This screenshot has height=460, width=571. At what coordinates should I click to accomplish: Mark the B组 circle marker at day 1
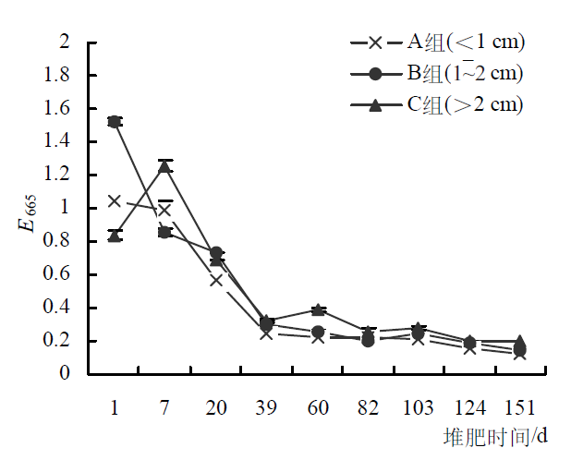tap(115, 121)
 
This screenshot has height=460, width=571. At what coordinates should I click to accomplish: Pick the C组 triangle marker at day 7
tap(165, 166)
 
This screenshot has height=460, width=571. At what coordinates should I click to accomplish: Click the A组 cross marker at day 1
tap(115, 200)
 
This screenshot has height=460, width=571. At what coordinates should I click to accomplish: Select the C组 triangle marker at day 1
tap(115, 236)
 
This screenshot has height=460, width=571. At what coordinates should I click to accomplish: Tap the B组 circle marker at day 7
tap(165, 232)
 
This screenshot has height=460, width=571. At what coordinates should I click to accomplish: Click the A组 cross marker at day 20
tap(216, 280)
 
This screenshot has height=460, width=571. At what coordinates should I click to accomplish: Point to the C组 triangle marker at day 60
tap(318, 309)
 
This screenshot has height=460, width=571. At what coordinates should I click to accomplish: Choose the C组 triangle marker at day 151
tap(520, 341)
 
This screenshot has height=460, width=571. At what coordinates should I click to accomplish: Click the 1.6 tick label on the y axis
tap(57, 109)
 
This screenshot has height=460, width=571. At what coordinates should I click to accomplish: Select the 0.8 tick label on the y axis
tap(57, 242)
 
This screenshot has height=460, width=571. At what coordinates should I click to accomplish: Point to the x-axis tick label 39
tap(267, 407)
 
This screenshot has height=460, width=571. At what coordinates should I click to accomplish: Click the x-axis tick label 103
tap(419, 407)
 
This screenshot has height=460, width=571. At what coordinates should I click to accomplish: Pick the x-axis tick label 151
tap(520, 407)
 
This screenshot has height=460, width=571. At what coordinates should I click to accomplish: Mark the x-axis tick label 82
tap(368, 407)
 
